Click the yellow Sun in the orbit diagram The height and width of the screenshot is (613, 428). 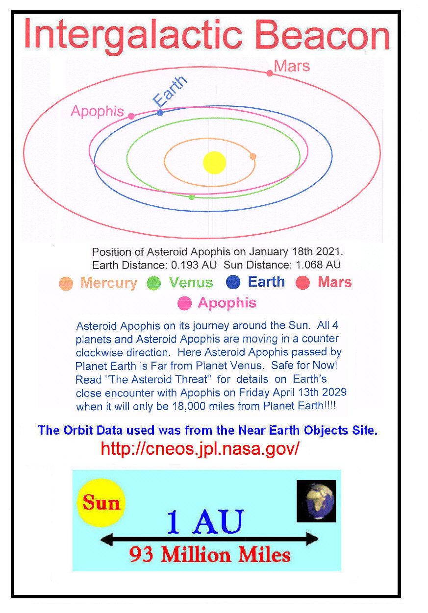[214, 163]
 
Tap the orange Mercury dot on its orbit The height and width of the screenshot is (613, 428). [253, 156]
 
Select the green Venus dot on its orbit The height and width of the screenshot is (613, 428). [192, 197]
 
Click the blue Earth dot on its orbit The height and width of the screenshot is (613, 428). [160, 113]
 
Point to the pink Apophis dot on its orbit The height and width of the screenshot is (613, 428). [131, 116]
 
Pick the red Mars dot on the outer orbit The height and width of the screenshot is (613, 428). [270, 73]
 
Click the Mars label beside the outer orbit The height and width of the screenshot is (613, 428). [292, 66]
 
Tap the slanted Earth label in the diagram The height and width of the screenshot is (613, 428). [170, 91]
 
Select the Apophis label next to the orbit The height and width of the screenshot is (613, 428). [97, 112]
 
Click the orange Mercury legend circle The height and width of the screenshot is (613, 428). [66, 284]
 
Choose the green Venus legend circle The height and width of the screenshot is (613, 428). [153, 283]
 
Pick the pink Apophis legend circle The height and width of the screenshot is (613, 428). [184, 303]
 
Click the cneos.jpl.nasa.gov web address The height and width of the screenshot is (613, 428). [200, 448]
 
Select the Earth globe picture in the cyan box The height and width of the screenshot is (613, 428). [316, 501]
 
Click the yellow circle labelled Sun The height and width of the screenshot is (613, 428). [101, 503]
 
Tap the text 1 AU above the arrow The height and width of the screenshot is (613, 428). [205, 521]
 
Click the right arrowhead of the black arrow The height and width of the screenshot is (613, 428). [312, 539]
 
